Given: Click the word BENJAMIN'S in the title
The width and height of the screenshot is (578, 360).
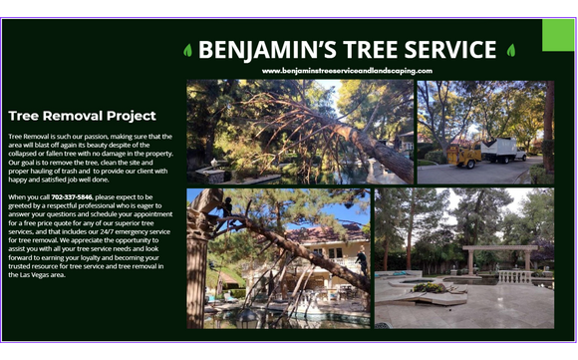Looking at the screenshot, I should click(258, 50).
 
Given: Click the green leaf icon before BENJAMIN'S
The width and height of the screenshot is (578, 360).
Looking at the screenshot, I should click(187, 50).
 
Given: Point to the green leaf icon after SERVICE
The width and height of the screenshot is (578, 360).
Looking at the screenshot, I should click(511, 50).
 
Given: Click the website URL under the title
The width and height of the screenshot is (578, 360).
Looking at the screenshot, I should click(348, 71).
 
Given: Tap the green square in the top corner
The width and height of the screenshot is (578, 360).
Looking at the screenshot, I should click(558, 35).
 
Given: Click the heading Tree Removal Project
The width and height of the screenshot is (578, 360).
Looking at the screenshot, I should click(82, 116).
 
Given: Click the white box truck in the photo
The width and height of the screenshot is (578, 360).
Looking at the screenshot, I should click(502, 150).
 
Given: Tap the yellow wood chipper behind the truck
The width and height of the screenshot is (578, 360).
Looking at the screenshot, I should click(462, 155).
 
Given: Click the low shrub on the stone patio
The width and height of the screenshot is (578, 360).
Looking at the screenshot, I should click(430, 287).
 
